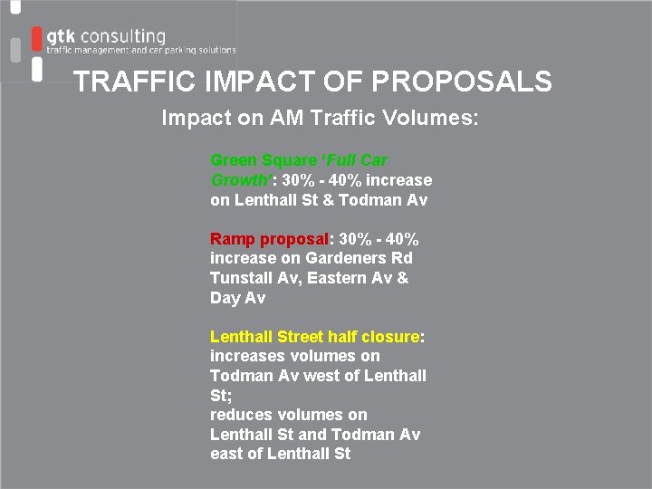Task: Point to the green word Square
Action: [286, 160]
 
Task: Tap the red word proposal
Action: [294, 239]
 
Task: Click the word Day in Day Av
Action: [225, 298]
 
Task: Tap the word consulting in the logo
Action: [123, 36]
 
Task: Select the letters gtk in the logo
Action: [61, 36]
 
